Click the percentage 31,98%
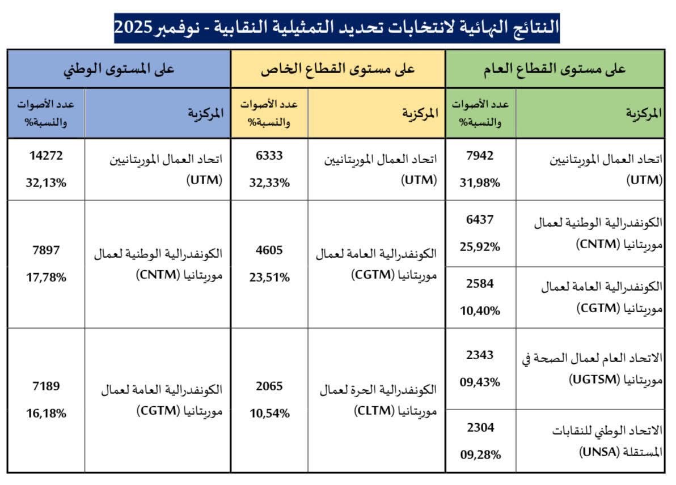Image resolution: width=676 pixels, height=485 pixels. click(480, 182)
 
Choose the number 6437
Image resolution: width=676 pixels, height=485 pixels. click(480, 220)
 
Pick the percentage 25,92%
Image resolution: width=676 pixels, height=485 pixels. click(480, 247)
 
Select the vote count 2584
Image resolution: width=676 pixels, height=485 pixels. click(480, 283)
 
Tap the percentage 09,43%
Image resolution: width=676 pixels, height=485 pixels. click(480, 382)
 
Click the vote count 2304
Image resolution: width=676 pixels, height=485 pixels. click(480, 428)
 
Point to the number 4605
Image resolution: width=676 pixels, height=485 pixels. click(269, 250)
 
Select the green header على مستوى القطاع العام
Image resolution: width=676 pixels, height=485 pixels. click(554, 69)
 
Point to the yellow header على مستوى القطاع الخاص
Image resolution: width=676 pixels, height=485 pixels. click(338, 69)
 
